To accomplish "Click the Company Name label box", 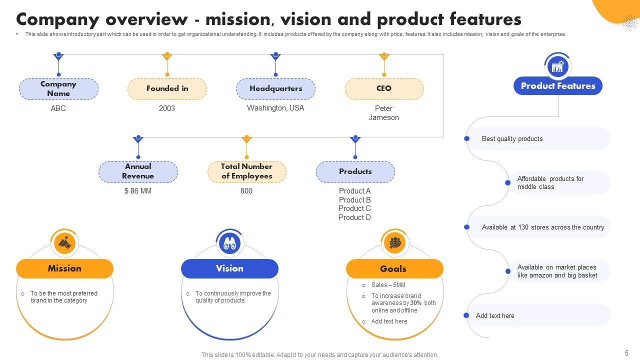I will point(58,89).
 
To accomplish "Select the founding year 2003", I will point(167,108).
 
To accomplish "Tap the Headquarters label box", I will point(275,89).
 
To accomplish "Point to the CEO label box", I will point(384,89).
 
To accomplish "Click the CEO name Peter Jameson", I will point(384,113).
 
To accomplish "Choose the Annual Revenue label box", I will point(138,171).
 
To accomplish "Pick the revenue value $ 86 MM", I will point(138,191).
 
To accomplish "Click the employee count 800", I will point(246,191).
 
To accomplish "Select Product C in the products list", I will point(354,208).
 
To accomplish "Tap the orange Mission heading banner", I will point(64,268).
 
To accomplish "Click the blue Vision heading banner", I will point(229,268).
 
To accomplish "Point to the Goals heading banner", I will point(394,269).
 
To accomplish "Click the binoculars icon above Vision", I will point(229,243).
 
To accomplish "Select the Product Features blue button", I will point(558,86).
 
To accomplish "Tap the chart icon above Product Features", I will point(557,66).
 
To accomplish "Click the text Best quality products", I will point(512,139).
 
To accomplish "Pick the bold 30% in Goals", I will point(416,303).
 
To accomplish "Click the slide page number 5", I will point(626,353).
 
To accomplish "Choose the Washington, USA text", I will point(275,108).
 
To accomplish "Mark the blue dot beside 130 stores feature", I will point(467,227).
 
